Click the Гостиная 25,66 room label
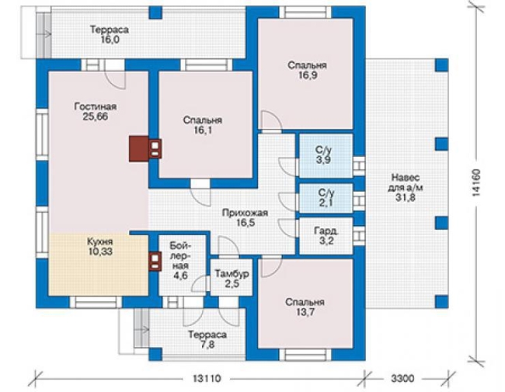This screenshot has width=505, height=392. [96, 111]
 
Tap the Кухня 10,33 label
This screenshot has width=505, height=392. [100, 246]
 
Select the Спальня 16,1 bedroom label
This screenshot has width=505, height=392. [203, 125]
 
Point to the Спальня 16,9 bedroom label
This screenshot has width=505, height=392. [307, 70]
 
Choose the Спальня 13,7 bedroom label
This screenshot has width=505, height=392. [305, 307]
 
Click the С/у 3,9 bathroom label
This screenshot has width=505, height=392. [324, 154]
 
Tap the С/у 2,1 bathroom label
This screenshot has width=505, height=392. [326, 198]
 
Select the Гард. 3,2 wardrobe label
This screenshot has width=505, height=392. [326, 235]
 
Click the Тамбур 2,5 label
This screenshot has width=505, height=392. [232, 279]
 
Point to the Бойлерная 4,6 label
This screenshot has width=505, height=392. [180, 260]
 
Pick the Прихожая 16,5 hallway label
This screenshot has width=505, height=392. [245, 217]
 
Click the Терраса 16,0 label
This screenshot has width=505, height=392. [110, 34]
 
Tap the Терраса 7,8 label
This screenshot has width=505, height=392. [207, 339]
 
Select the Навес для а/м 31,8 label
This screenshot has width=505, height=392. [406, 187]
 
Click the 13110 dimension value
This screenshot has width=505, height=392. [207, 378]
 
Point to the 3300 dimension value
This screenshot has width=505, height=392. [402, 378]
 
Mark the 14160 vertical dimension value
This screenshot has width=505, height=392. [476, 182]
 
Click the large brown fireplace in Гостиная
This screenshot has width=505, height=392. [139, 148]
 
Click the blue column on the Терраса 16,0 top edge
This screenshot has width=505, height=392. [155, 12]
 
